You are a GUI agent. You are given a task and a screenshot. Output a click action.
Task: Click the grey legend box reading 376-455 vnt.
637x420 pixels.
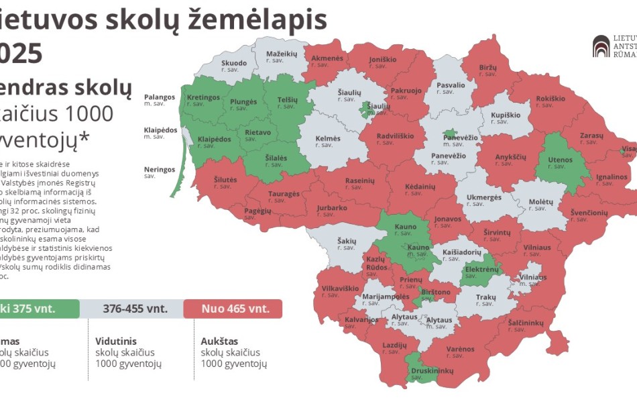coord(135,309)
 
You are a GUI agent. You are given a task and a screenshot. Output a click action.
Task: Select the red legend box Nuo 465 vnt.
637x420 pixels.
coord(237,309)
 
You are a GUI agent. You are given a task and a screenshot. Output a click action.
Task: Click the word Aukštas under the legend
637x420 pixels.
coord(219,341)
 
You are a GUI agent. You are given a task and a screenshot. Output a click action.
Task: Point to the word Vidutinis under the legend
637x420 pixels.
coord(116,341)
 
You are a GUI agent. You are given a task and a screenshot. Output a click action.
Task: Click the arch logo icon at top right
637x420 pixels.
coord(601,46)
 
